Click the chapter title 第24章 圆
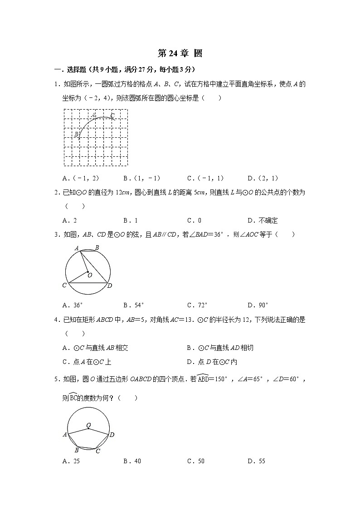[180, 53]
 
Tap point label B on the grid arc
[76, 134]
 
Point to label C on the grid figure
[112, 116]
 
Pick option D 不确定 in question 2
[263, 221]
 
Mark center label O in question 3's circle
[90, 275]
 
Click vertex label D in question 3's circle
[110, 286]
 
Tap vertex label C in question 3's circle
[64, 286]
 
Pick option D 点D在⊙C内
[212, 362]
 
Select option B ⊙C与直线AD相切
[220, 348]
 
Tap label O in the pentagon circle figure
[88, 425]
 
